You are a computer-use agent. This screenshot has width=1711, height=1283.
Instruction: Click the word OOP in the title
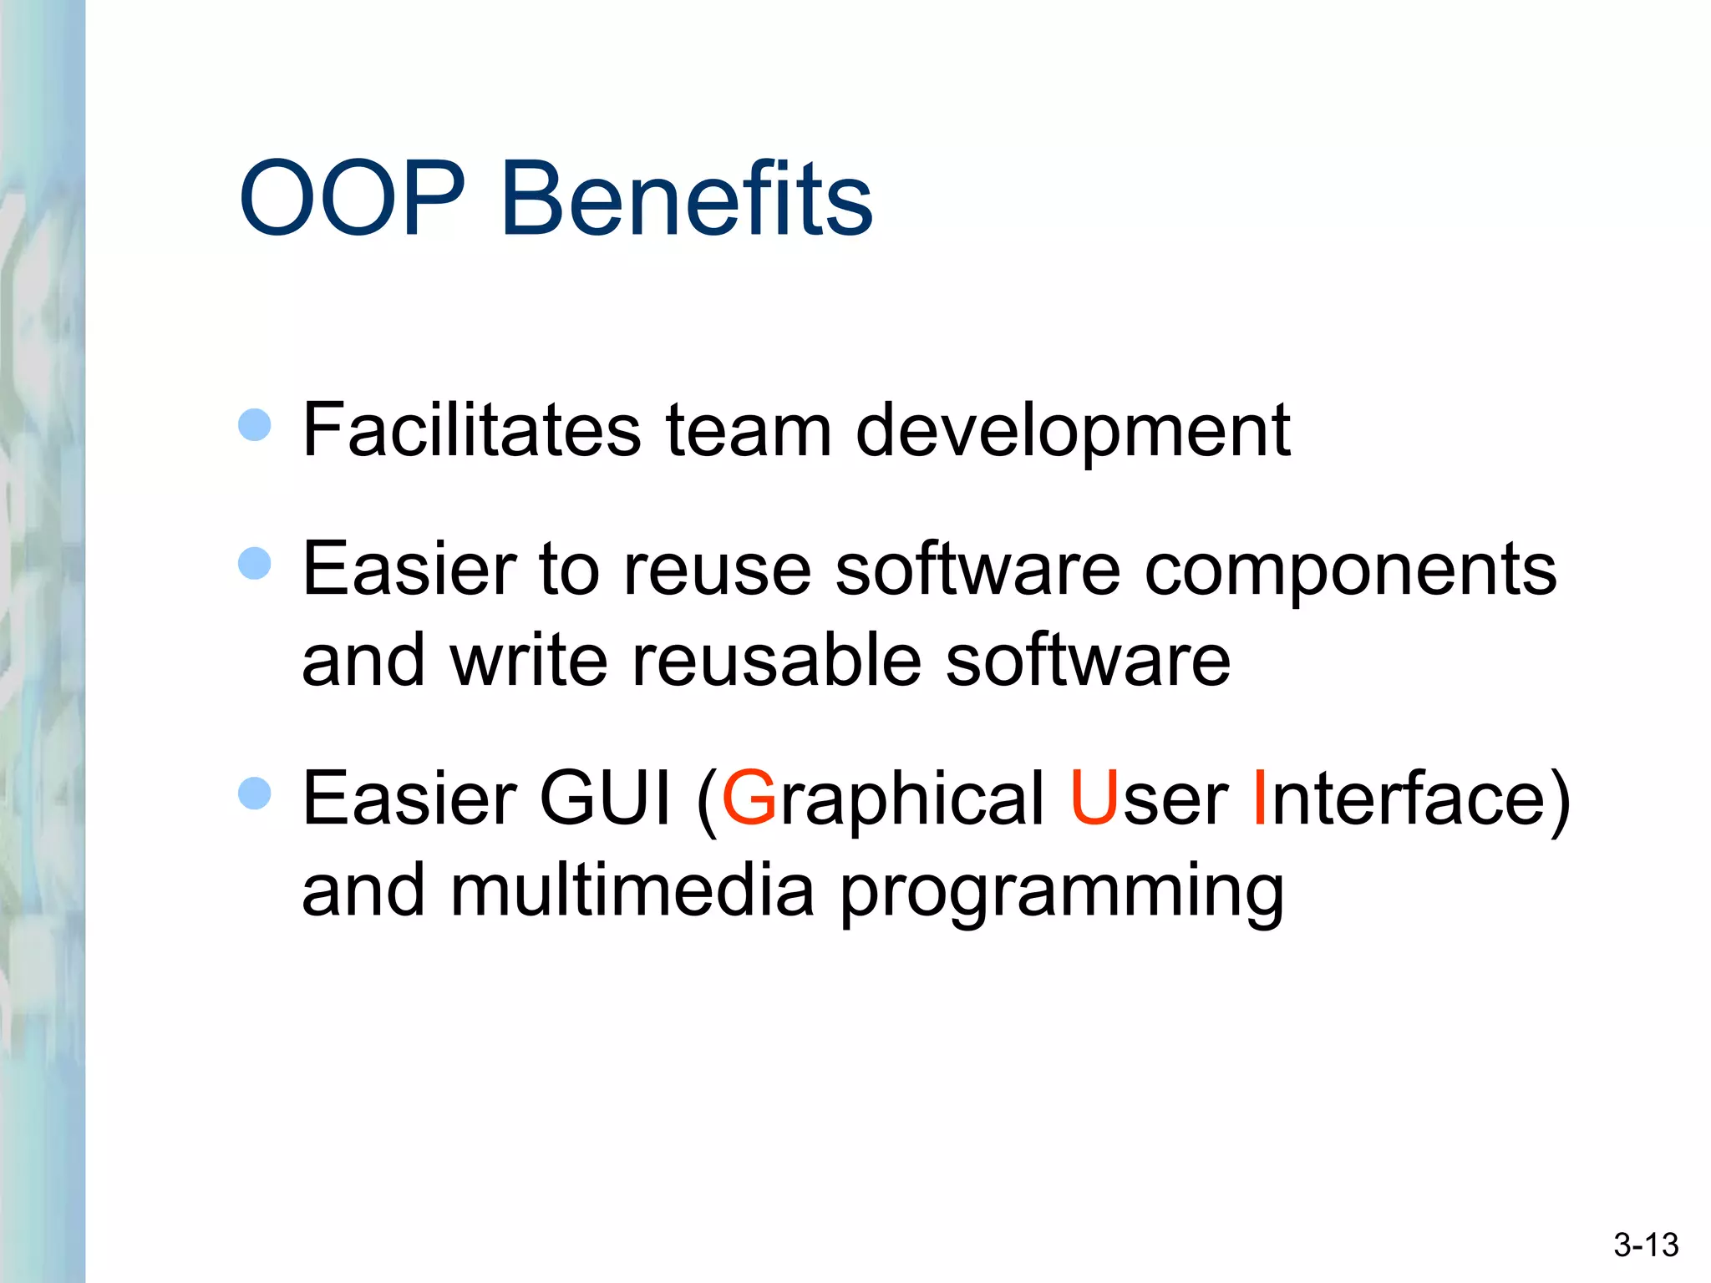coord(352,198)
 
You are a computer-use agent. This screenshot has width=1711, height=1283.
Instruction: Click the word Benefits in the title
coord(686,198)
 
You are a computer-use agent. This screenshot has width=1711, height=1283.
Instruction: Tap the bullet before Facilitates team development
coord(255,424)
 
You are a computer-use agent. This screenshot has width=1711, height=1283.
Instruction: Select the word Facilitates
coord(471,430)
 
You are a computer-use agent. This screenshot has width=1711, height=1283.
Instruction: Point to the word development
coord(1073,432)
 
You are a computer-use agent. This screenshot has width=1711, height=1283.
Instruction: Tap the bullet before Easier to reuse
coord(255,563)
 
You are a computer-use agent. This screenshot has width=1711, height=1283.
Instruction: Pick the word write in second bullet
coord(529,660)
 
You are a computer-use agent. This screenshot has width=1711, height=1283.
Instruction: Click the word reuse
coord(717,571)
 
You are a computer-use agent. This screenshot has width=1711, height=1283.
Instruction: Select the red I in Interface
coord(1261,799)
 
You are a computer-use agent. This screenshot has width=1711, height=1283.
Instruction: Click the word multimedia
coord(632,890)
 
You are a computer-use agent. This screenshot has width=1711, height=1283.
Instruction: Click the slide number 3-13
coord(1645,1245)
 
